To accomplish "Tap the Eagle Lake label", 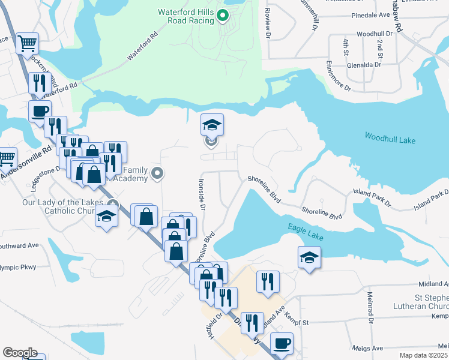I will pos(306,232).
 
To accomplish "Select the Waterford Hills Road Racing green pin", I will pos(223,16).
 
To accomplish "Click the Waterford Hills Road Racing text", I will pos(185,16).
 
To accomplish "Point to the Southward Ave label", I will pos(19,245).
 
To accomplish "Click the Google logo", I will pos(20,353).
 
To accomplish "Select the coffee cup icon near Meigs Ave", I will pos(282,344).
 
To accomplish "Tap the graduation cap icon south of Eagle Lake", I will pos(309,257).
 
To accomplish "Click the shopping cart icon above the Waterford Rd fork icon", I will pos(27,43).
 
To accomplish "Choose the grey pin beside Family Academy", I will pos(158,173).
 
